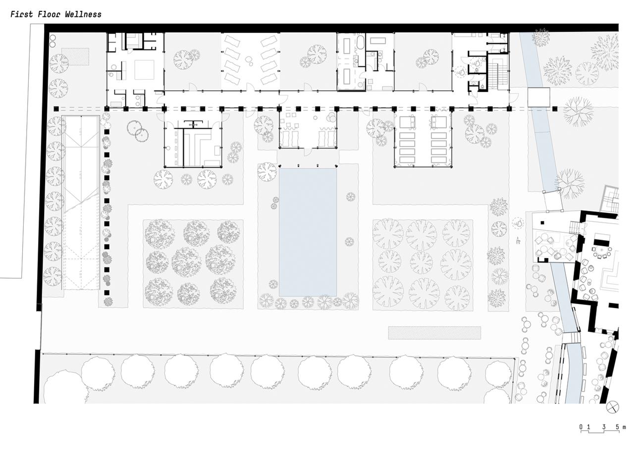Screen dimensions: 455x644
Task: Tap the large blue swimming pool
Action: click(x=308, y=232)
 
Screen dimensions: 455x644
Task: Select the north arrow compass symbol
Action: click(x=613, y=407)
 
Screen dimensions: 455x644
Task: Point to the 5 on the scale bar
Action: click(x=618, y=427)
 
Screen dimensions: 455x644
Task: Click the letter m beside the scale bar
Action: click(x=624, y=427)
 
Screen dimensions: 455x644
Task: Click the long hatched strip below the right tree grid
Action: click(x=434, y=333)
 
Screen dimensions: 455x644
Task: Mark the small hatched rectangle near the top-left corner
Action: click(x=75, y=56)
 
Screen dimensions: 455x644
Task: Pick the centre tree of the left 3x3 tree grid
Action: click(x=187, y=262)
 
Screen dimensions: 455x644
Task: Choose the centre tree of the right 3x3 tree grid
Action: click(x=421, y=262)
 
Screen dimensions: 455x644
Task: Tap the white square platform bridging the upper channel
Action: click(x=538, y=97)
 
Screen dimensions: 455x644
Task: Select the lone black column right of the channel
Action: click(x=555, y=109)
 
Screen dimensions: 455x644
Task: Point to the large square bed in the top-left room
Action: click(x=144, y=70)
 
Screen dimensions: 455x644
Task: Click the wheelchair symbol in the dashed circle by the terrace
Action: click(x=518, y=223)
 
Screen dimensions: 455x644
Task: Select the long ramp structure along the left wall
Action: click(x=80, y=203)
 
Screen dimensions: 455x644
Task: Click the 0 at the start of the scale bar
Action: click(x=581, y=427)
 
